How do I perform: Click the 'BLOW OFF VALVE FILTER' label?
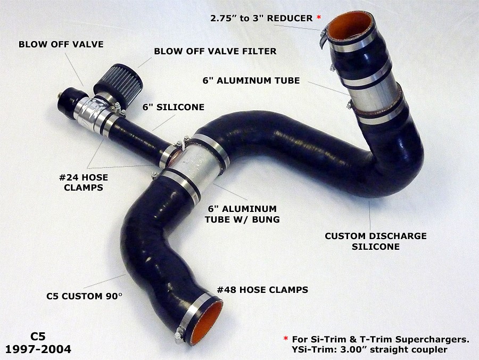[215, 51]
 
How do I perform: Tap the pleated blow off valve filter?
[119, 79]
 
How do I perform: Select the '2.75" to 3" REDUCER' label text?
[261, 18]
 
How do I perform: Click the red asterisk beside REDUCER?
[319, 18]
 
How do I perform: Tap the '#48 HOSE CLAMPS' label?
[262, 289]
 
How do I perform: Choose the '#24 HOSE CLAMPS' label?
[84, 182]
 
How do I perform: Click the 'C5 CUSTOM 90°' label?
[84, 296]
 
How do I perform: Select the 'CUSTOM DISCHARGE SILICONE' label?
[376, 241]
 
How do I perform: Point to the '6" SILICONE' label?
[173, 107]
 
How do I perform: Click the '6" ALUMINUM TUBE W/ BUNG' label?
[242, 214]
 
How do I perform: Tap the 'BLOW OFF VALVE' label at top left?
[61, 44]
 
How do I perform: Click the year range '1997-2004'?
[38, 349]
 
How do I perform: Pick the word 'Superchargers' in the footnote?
[432, 340]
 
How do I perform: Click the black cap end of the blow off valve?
[69, 101]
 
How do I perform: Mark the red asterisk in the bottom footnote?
[286, 338]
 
